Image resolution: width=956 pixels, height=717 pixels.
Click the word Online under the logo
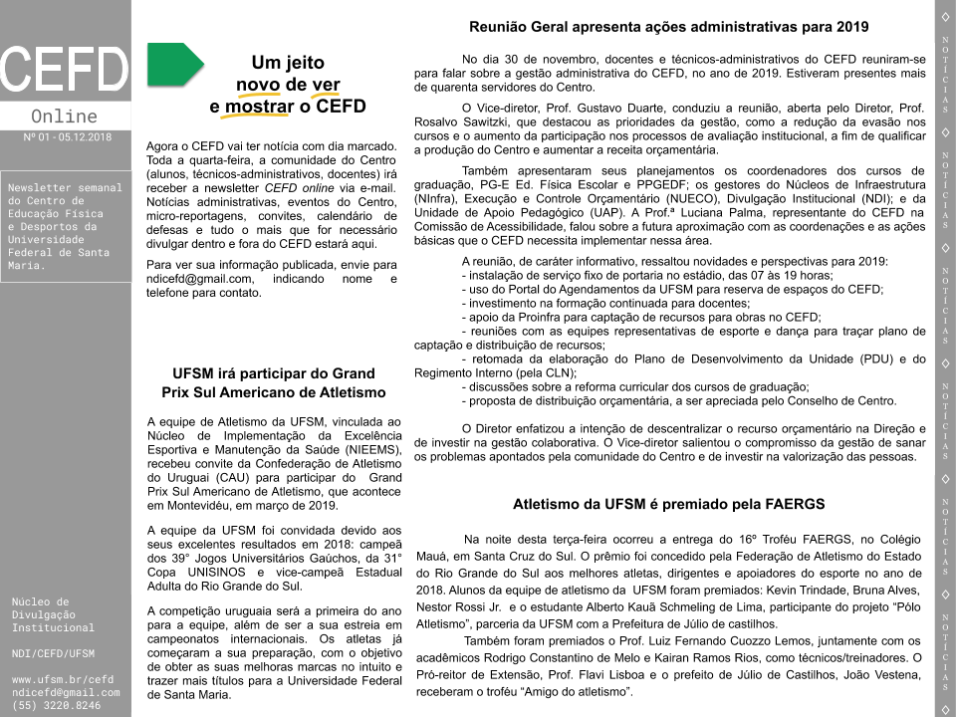coord(65,117)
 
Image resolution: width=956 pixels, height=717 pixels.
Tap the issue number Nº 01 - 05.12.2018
coord(67,136)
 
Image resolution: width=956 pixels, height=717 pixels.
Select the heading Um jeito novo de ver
coord(288,84)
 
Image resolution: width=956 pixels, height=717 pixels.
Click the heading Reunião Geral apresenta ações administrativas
coord(669,27)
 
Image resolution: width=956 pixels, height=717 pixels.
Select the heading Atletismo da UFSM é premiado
coord(668,504)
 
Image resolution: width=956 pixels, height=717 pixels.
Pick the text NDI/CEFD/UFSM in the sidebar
coord(53,653)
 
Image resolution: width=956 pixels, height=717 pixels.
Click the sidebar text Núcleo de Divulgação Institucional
coord(52,614)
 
